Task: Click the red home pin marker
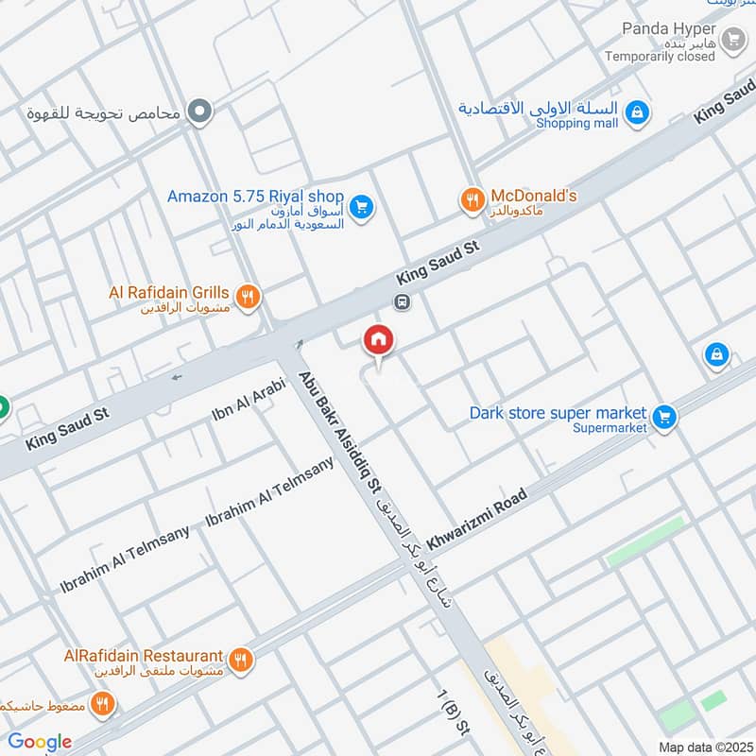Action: (x=379, y=340)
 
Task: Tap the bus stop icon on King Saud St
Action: (x=403, y=302)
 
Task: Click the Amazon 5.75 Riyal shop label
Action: (x=254, y=197)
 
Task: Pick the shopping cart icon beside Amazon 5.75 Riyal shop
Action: (x=360, y=205)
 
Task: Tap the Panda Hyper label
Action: (x=669, y=28)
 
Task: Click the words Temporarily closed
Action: (x=661, y=57)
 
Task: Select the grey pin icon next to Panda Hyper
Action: (x=732, y=40)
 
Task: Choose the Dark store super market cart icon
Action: (x=664, y=416)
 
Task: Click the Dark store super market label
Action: (x=558, y=413)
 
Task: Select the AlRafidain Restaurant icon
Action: (x=241, y=659)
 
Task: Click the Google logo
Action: (x=40, y=742)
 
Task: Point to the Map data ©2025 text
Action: (x=704, y=747)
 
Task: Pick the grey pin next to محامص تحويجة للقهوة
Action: (x=199, y=112)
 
